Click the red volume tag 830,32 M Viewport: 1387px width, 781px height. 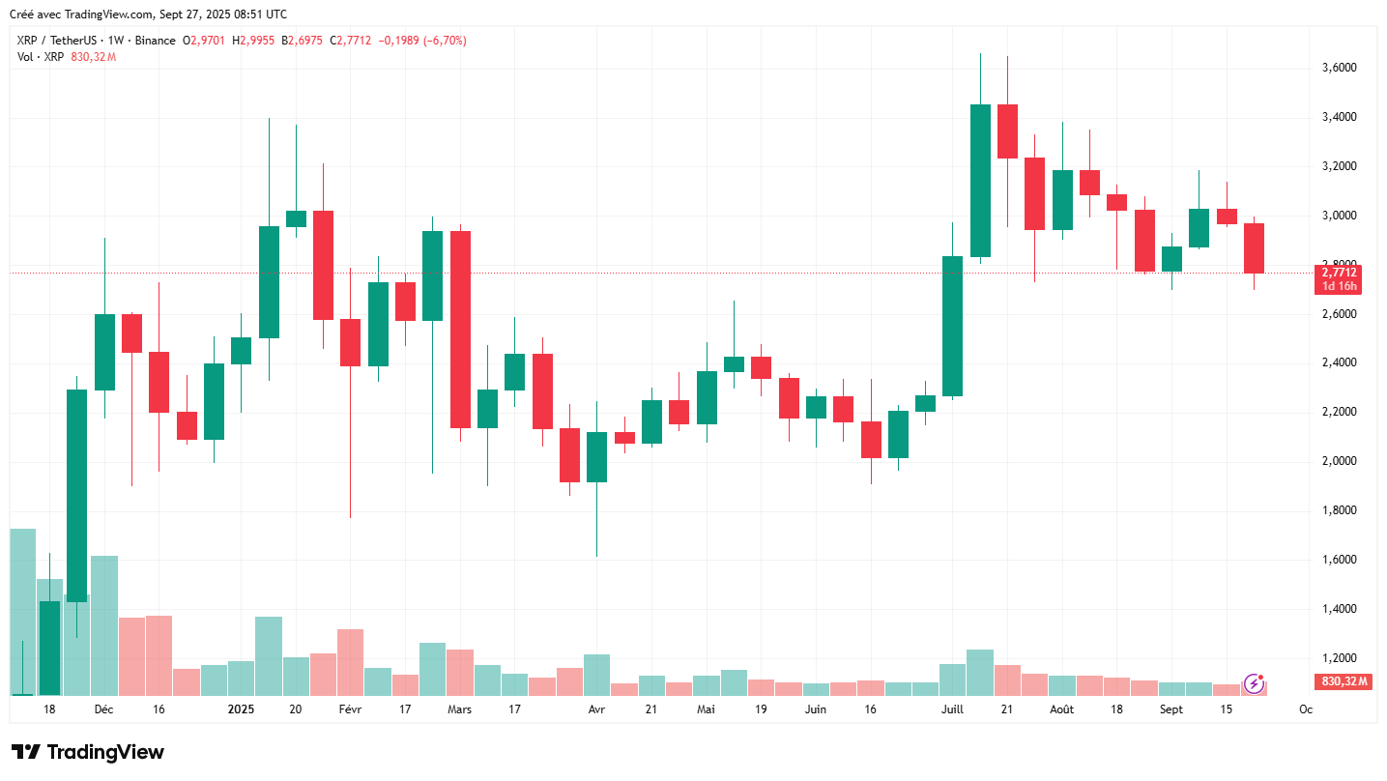[1344, 682]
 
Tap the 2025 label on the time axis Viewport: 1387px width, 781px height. [241, 709]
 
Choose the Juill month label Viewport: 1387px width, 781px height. [952, 709]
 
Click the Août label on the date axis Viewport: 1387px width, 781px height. [1061, 709]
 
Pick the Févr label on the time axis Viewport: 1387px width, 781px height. [350, 709]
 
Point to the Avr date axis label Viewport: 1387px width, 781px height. [596, 709]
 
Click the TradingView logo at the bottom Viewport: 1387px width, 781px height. [88, 752]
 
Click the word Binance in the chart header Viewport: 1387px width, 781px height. [156, 41]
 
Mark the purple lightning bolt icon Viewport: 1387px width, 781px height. [1255, 683]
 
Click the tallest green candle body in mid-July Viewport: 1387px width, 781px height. [980, 181]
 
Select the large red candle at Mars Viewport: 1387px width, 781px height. [460, 329]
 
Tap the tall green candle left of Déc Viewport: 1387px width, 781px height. [76, 495]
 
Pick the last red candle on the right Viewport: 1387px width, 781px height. [1254, 248]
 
